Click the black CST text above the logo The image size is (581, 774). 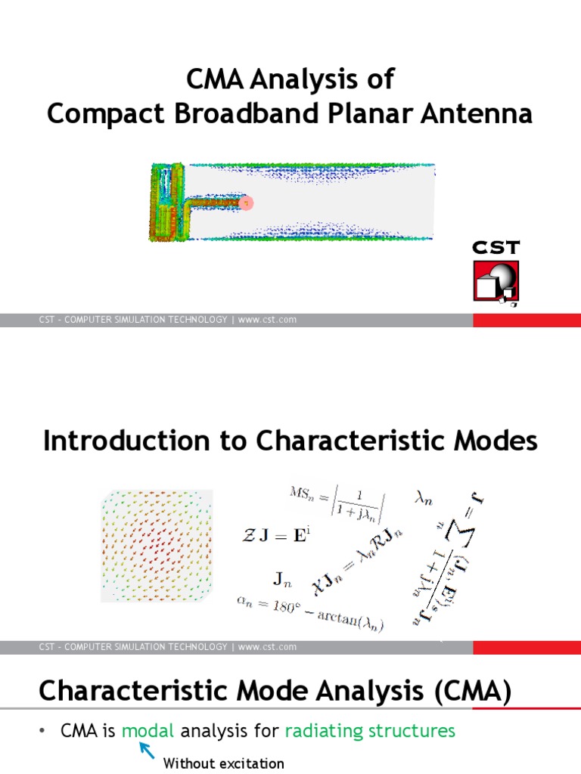point(496,247)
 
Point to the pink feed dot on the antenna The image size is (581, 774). point(245,203)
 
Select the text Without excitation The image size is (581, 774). point(224,763)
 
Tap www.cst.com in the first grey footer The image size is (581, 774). point(267,320)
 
